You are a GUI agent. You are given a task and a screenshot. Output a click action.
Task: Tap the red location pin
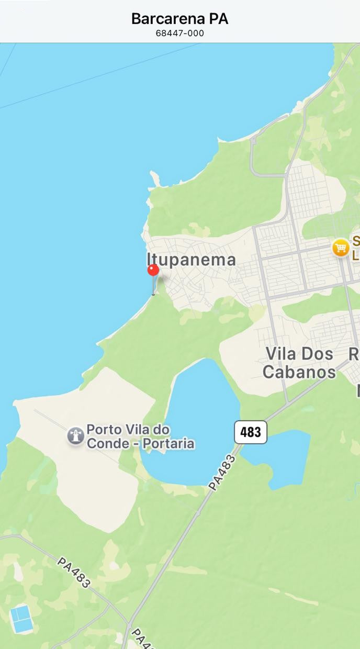point(153,271)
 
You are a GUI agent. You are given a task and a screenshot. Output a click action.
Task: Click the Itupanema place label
point(191,260)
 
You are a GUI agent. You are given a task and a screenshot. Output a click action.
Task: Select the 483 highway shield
point(250,432)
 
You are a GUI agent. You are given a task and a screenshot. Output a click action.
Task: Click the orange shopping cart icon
point(341,248)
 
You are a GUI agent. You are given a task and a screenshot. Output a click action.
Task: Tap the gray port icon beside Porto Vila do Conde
point(76,436)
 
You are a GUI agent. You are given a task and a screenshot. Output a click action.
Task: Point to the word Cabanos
point(299,372)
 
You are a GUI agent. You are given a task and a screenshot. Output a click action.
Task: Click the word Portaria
point(167,444)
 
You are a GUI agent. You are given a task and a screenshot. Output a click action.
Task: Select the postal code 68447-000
point(179,33)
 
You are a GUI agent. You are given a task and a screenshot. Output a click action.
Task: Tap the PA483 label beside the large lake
point(222,473)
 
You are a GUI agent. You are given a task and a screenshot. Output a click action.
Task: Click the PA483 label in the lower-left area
point(74,572)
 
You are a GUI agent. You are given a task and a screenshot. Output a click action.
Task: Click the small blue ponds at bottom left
point(21,619)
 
